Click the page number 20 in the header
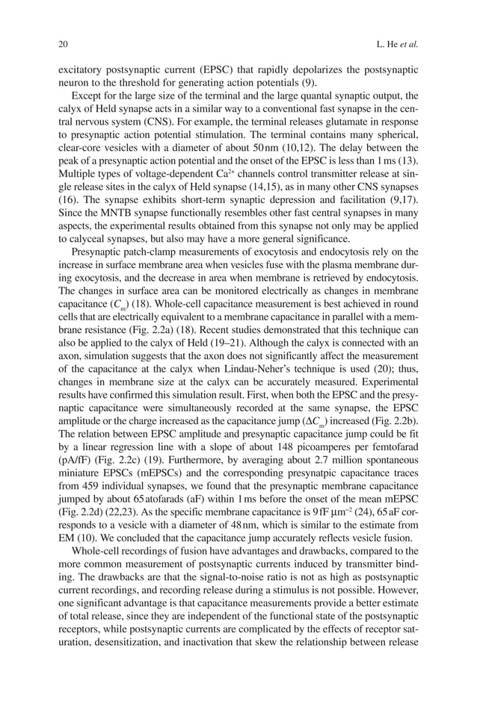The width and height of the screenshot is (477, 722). click(63, 44)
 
